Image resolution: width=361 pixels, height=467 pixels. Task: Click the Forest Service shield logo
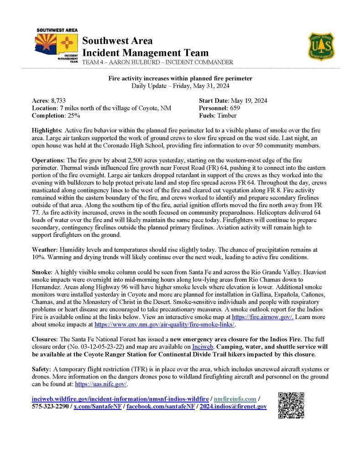(322, 46)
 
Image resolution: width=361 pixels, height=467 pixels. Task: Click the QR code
(290, 405)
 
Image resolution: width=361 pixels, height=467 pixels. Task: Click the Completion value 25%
(73, 116)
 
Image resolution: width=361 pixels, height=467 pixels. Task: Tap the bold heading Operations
(48, 161)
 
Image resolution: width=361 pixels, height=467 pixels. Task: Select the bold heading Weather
(45, 250)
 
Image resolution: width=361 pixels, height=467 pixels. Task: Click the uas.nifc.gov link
(101, 384)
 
